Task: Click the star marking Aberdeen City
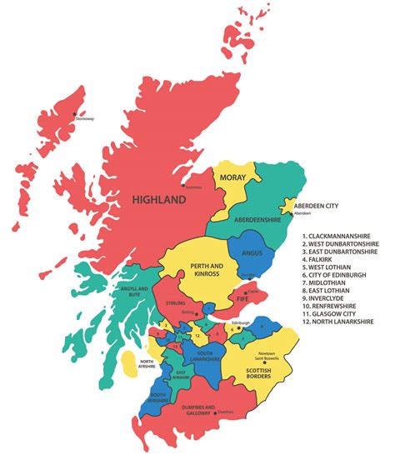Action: point(289,205)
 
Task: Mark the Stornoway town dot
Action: point(74,114)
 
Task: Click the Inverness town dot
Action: point(183,185)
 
